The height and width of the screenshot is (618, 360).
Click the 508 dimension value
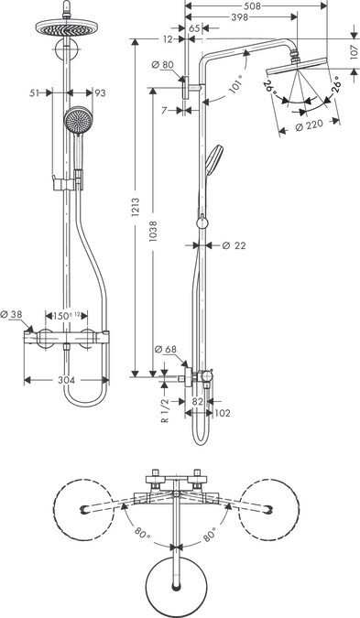tap(252, 5)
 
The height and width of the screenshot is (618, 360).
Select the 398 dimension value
tap(240, 17)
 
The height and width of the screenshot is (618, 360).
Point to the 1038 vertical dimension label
tap(153, 231)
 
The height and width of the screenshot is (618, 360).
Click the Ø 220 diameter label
tap(309, 125)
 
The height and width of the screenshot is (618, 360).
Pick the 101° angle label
tap(235, 86)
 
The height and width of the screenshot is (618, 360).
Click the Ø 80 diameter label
tap(162, 64)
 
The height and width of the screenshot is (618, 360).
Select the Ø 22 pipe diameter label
tap(234, 245)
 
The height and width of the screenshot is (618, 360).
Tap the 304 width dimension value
tap(66, 380)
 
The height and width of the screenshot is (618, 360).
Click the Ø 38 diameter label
tap(11, 314)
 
